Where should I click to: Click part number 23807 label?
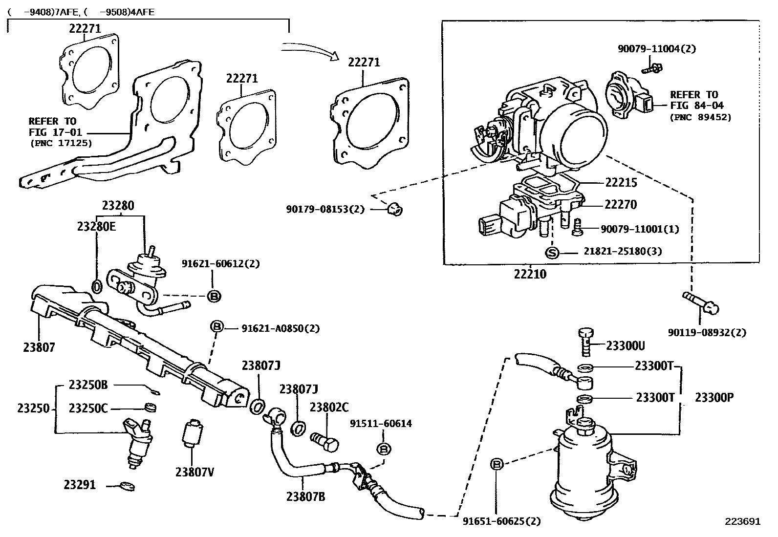39,347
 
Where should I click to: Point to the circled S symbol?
552,253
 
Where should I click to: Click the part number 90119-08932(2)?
707,333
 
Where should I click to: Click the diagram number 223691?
743,521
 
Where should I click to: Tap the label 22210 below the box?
530,274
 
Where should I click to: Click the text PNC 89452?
700,117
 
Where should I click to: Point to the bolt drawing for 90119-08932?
701,302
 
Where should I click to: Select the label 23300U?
626,346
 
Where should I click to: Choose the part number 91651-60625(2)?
502,521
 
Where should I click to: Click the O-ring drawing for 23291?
128,486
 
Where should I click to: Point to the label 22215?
621,183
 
